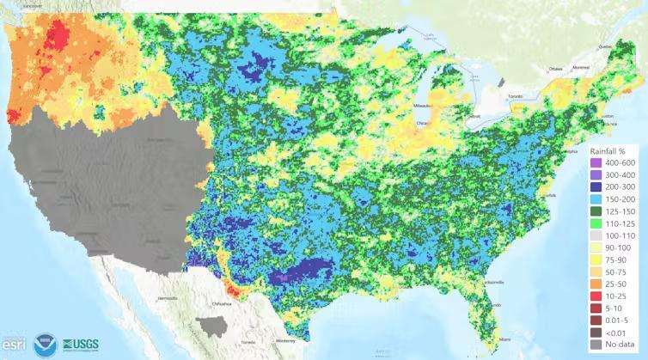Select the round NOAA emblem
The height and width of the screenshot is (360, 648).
click(x=43, y=345)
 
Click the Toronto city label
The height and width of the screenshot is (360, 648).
click(x=515, y=96)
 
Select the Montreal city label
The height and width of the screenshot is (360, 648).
click(x=581, y=67)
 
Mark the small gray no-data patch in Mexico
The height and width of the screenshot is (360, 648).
click(x=211, y=326)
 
